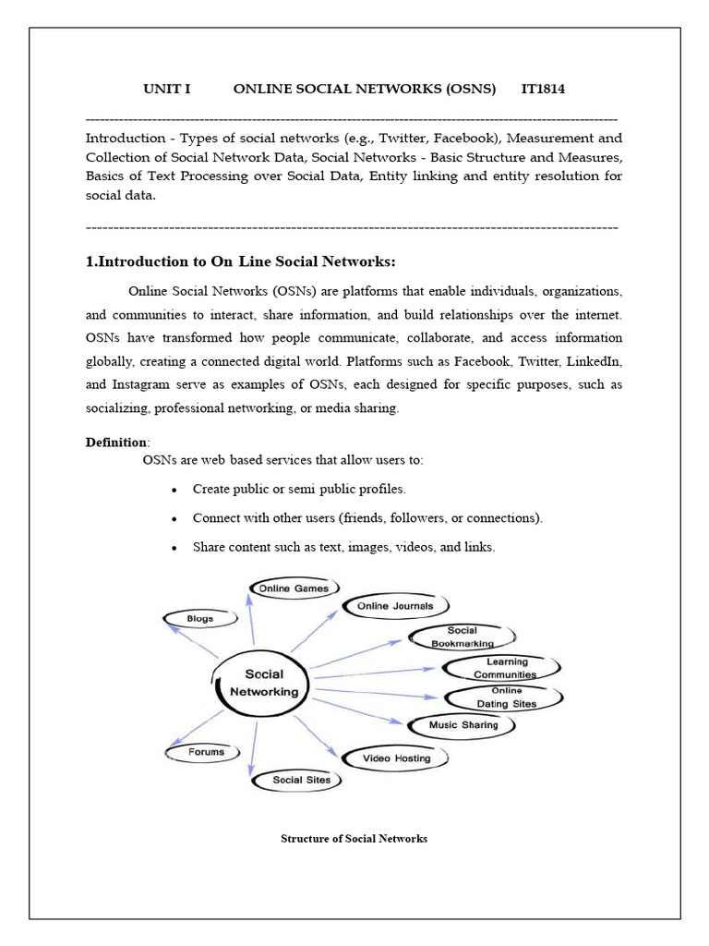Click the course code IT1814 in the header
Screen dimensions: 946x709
543,89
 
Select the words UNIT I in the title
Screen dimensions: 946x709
166,89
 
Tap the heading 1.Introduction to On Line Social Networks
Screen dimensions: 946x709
246,261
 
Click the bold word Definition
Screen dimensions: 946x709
115,443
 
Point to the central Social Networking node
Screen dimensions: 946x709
264,683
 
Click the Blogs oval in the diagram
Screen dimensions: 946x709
199,618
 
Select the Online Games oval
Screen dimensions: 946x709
294,588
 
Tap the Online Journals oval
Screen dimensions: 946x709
395,606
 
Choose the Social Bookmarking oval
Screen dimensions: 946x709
463,637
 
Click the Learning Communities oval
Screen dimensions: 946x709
504,668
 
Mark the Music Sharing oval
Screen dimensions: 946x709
463,725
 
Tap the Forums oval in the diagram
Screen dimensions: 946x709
206,752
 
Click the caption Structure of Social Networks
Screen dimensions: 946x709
354,839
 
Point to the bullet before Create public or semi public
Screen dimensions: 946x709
174,489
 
